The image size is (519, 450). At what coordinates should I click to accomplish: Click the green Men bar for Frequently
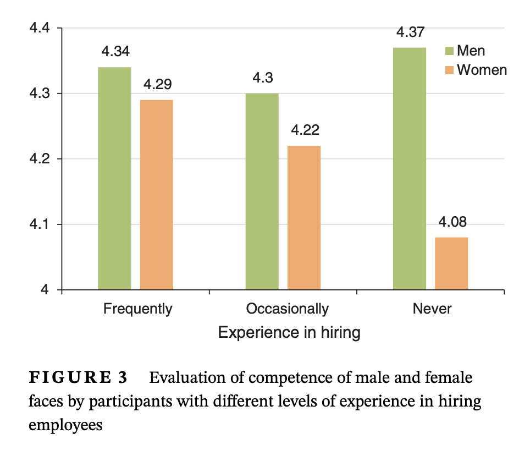click(114, 178)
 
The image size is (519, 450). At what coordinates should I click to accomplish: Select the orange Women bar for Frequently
click(157, 195)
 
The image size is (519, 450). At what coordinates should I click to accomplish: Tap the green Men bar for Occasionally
click(262, 191)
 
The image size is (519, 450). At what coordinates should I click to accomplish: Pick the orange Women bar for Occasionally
click(304, 217)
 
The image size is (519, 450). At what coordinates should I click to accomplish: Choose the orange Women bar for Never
click(451, 264)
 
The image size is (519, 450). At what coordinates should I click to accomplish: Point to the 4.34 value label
click(115, 52)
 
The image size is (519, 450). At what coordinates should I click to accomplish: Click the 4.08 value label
click(452, 222)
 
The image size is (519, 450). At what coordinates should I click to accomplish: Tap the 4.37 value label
click(410, 32)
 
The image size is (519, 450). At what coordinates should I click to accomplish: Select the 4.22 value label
click(305, 130)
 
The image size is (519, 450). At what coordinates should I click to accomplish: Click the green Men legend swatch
click(449, 51)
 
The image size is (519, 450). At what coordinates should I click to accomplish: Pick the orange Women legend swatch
click(449, 70)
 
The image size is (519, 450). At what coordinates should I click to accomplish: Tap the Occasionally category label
click(287, 309)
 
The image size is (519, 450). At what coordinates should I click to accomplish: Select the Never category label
click(432, 309)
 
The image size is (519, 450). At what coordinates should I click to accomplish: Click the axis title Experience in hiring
click(289, 333)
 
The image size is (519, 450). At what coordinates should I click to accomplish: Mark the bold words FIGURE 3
click(78, 378)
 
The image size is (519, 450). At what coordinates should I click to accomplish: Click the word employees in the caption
click(65, 425)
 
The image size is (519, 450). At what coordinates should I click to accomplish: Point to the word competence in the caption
click(275, 378)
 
